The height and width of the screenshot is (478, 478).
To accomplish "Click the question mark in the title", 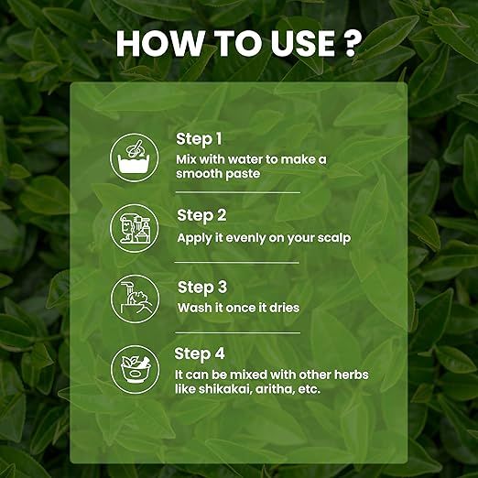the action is click(351, 43).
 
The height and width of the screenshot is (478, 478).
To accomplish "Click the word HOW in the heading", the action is click(159, 43).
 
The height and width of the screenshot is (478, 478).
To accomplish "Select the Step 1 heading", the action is click(199, 139).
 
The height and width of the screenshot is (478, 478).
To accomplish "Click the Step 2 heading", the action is click(201, 215).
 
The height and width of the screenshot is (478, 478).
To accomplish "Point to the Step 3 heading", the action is click(202, 288).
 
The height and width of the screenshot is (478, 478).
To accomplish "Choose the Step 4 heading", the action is click(200, 354).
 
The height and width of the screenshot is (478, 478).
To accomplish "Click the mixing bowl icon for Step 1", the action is click(135, 158).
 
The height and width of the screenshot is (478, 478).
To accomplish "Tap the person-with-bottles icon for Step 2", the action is click(135, 228).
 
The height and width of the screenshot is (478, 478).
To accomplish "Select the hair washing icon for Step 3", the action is click(135, 299).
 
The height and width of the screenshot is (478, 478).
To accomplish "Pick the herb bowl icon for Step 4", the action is click(135, 370).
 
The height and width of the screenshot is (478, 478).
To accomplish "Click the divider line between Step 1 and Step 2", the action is click(238, 192).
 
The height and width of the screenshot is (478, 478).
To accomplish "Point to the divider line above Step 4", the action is click(238, 332).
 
